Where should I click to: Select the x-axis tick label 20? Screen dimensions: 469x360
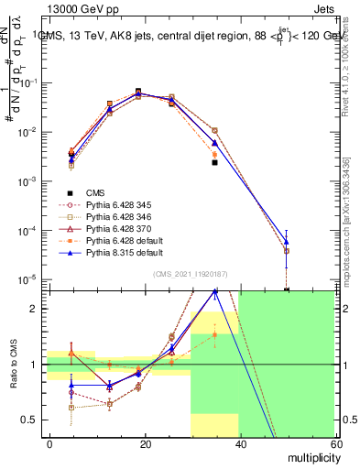point(145,442)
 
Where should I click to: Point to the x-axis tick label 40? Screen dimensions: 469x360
point(240,442)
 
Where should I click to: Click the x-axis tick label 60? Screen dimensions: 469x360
point(334,442)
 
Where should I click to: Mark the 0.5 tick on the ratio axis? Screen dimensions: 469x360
point(35,420)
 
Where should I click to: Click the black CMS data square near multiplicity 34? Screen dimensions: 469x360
point(215,162)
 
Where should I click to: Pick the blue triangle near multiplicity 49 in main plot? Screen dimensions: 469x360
point(287,242)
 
